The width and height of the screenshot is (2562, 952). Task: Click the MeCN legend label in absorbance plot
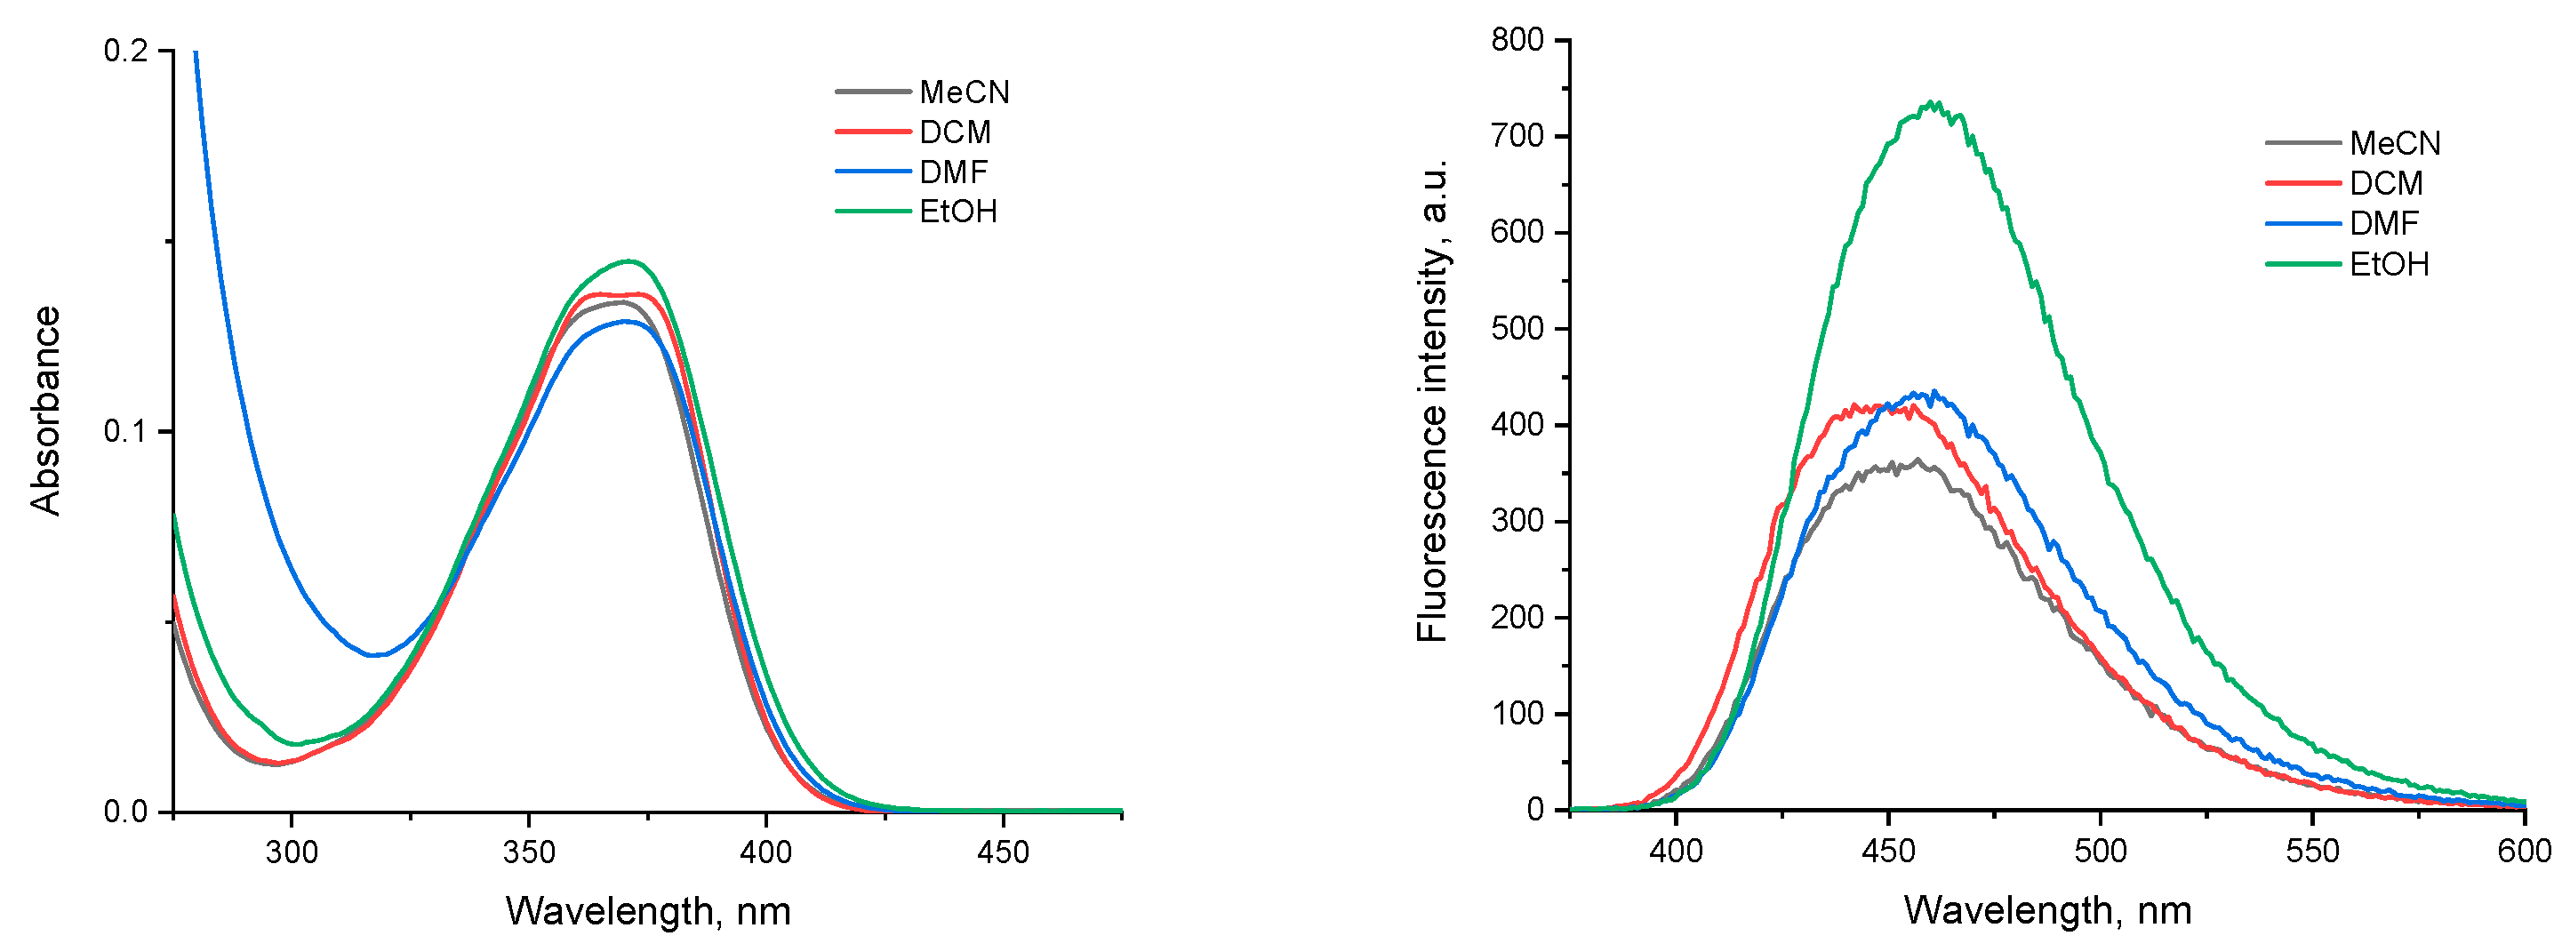pyautogui.click(x=964, y=92)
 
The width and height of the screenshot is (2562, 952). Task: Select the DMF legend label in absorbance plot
pyautogui.click(x=953, y=172)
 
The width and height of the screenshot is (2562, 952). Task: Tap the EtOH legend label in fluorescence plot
pyautogui.click(x=2389, y=265)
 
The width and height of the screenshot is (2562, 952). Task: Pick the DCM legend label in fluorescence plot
pyautogui.click(x=2386, y=183)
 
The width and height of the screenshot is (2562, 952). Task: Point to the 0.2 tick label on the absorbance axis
pyautogui.click(x=125, y=50)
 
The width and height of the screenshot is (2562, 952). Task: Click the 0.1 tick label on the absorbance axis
pyautogui.click(x=125, y=432)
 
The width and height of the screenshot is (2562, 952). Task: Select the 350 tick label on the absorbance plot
pyautogui.click(x=528, y=852)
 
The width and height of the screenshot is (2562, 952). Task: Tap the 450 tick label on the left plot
pyautogui.click(x=1003, y=852)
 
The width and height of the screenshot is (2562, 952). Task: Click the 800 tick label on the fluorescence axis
pyautogui.click(x=1517, y=40)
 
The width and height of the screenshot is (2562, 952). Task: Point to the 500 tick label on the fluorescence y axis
pyautogui.click(x=1517, y=328)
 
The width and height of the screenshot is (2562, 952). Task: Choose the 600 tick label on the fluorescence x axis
pyautogui.click(x=2524, y=852)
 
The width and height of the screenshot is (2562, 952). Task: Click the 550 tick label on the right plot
pyautogui.click(x=2312, y=852)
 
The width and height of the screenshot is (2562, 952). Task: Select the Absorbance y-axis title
pyautogui.click(x=45, y=411)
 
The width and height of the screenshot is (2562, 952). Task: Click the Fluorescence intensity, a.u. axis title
pyautogui.click(x=1432, y=401)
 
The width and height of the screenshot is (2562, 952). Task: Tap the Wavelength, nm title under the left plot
pyautogui.click(x=647, y=911)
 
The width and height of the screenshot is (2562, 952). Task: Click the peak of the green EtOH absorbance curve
pyautogui.click(x=628, y=261)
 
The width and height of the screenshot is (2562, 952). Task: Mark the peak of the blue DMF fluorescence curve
pyautogui.click(x=1933, y=393)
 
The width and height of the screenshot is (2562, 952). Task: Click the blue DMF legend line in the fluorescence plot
pyautogui.click(x=2302, y=224)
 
